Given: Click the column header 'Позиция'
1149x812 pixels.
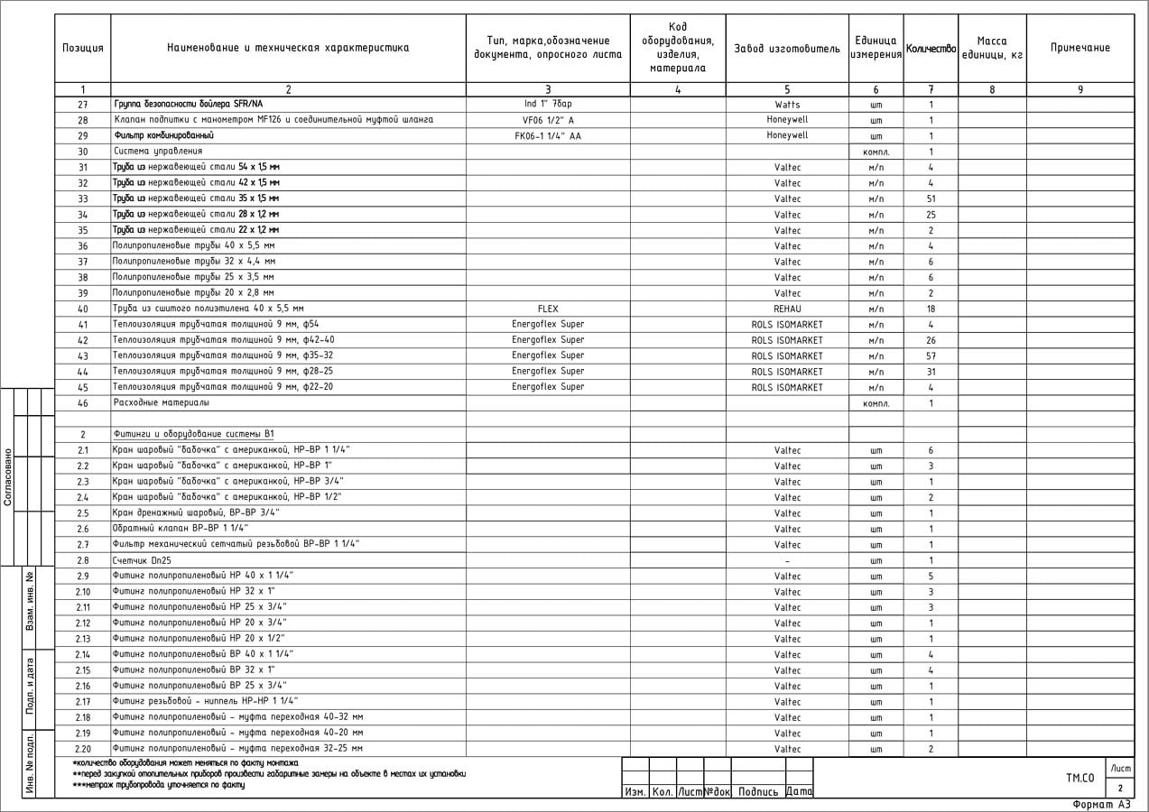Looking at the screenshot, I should coord(82,48).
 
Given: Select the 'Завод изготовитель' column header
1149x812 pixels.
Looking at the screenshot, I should coord(787,48).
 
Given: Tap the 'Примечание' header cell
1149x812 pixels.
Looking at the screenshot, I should coord(1080,48).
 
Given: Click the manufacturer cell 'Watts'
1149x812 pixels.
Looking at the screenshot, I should coord(787,105).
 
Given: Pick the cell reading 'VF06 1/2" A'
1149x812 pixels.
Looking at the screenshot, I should coord(548,120).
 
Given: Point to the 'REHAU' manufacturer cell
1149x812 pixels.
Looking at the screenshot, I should coord(787,309).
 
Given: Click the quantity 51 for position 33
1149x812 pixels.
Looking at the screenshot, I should coord(931,198).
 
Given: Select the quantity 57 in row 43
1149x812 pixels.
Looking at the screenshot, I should coord(931,355).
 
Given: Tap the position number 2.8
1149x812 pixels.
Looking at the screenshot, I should coord(82,560).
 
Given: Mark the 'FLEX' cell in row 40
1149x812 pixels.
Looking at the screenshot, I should coord(548,309).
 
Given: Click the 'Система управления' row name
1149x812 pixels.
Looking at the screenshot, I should coord(158,152).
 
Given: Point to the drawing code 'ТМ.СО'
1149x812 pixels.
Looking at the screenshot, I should coord(1080,777).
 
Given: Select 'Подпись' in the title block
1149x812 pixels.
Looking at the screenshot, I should coord(758,792).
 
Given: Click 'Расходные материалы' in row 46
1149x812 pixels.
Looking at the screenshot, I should coord(161,402).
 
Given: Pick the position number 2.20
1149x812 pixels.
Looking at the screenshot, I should coord(82,749).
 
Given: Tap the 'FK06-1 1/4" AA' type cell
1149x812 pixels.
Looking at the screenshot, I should coord(548,135).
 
